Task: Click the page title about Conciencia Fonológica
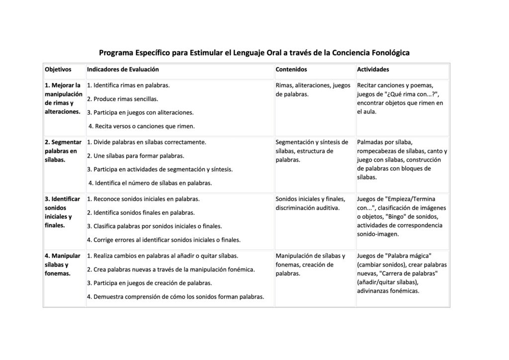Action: (254, 53)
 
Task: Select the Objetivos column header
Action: (58, 70)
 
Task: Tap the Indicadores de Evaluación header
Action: (123, 70)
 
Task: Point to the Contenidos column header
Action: (291, 70)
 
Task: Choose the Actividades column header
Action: (373, 70)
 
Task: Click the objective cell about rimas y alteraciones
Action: (64, 98)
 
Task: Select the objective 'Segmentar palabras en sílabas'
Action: (63, 151)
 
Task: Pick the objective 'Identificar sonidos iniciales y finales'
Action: (62, 212)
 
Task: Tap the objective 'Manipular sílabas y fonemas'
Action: (62, 265)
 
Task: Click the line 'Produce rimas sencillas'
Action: (122, 99)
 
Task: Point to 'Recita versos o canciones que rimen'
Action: (141, 126)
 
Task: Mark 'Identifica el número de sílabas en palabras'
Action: (150, 183)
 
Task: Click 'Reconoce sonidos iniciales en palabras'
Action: (143, 199)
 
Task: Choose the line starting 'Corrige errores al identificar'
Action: (164, 240)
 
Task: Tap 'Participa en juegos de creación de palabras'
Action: (149, 283)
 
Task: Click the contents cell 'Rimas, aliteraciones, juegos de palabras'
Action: (313, 90)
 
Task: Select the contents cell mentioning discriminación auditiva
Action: (310, 203)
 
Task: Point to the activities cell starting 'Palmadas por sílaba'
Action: (402, 160)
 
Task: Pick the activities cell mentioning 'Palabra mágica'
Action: (402, 273)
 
